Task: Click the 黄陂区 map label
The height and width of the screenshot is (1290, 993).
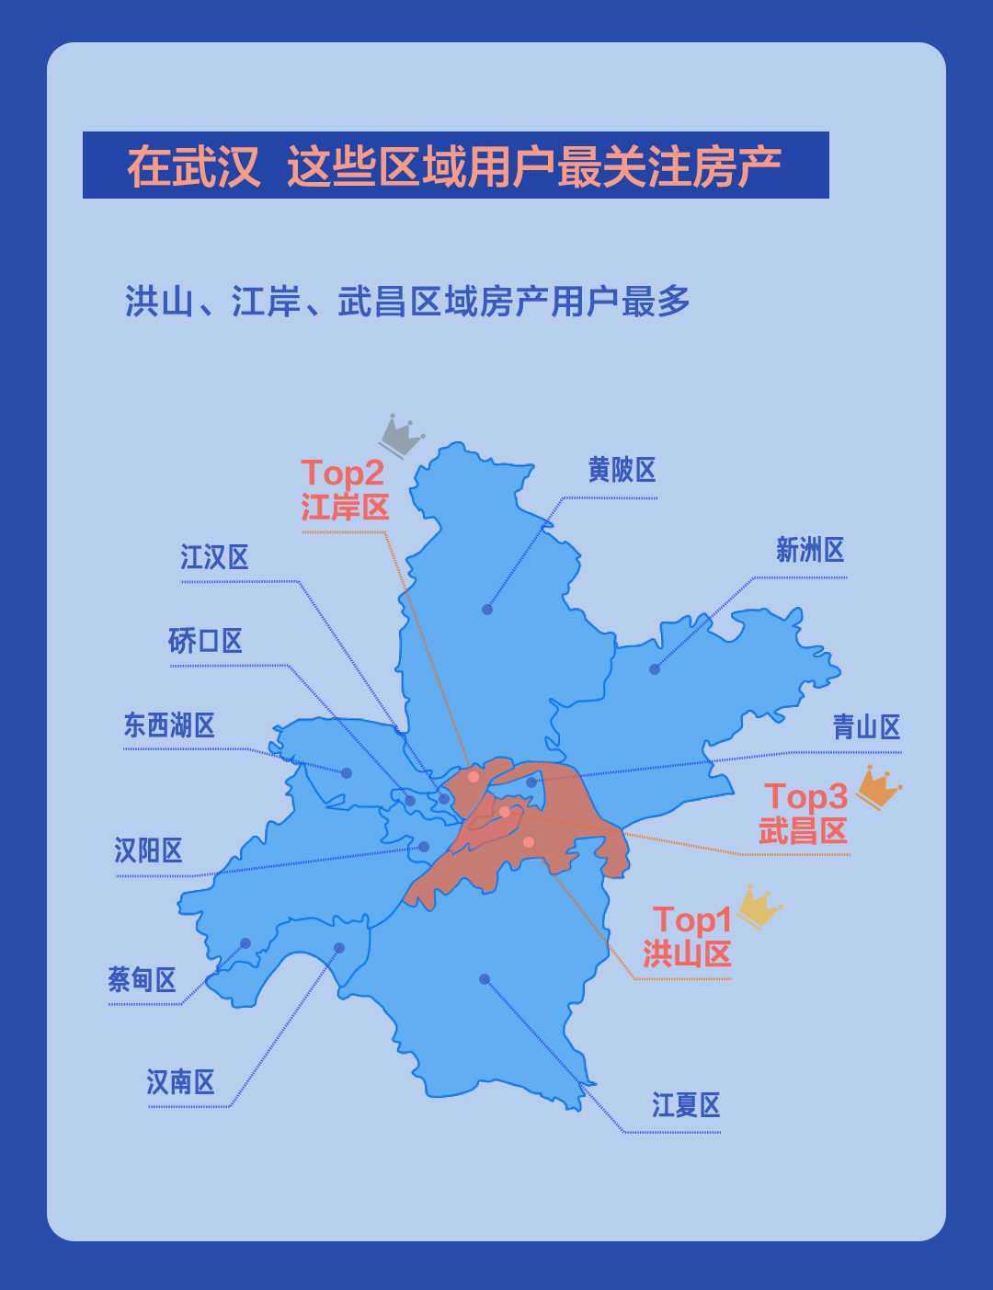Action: click(x=622, y=471)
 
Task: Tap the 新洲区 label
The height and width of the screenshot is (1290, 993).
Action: click(x=810, y=551)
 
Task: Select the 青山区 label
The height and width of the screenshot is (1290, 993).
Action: click(x=866, y=727)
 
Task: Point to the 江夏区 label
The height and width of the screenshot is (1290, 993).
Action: click(x=686, y=1105)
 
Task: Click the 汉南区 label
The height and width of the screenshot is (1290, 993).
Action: click(x=181, y=1082)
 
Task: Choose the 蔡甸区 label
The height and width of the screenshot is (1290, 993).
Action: click(x=142, y=979)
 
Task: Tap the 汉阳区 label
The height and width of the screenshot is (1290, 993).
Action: click(x=148, y=850)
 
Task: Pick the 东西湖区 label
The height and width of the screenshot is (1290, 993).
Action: click(x=169, y=725)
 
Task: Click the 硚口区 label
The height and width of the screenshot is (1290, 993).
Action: click(x=205, y=641)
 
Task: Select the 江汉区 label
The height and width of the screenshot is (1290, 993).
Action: click(x=214, y=557)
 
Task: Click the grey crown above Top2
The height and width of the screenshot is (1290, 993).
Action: click(x=402, y=435)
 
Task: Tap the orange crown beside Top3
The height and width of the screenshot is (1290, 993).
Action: click(x=879, y=788)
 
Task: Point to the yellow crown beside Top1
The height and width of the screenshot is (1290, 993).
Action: click(x=759, y=908)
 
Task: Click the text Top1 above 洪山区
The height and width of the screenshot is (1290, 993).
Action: click(x=692, y=920)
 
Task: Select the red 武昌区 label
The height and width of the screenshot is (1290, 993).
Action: click(x=803, y=831)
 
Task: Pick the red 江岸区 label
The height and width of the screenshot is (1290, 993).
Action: click(x=345, y=508)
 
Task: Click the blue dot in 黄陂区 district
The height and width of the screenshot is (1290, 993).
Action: click(x=487, y=610)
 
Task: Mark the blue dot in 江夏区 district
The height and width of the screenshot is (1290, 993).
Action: click(x=485, y=979)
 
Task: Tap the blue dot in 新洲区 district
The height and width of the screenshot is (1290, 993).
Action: click(x=655, y=669)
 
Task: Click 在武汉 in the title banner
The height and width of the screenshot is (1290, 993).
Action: click(x=194, y=166)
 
